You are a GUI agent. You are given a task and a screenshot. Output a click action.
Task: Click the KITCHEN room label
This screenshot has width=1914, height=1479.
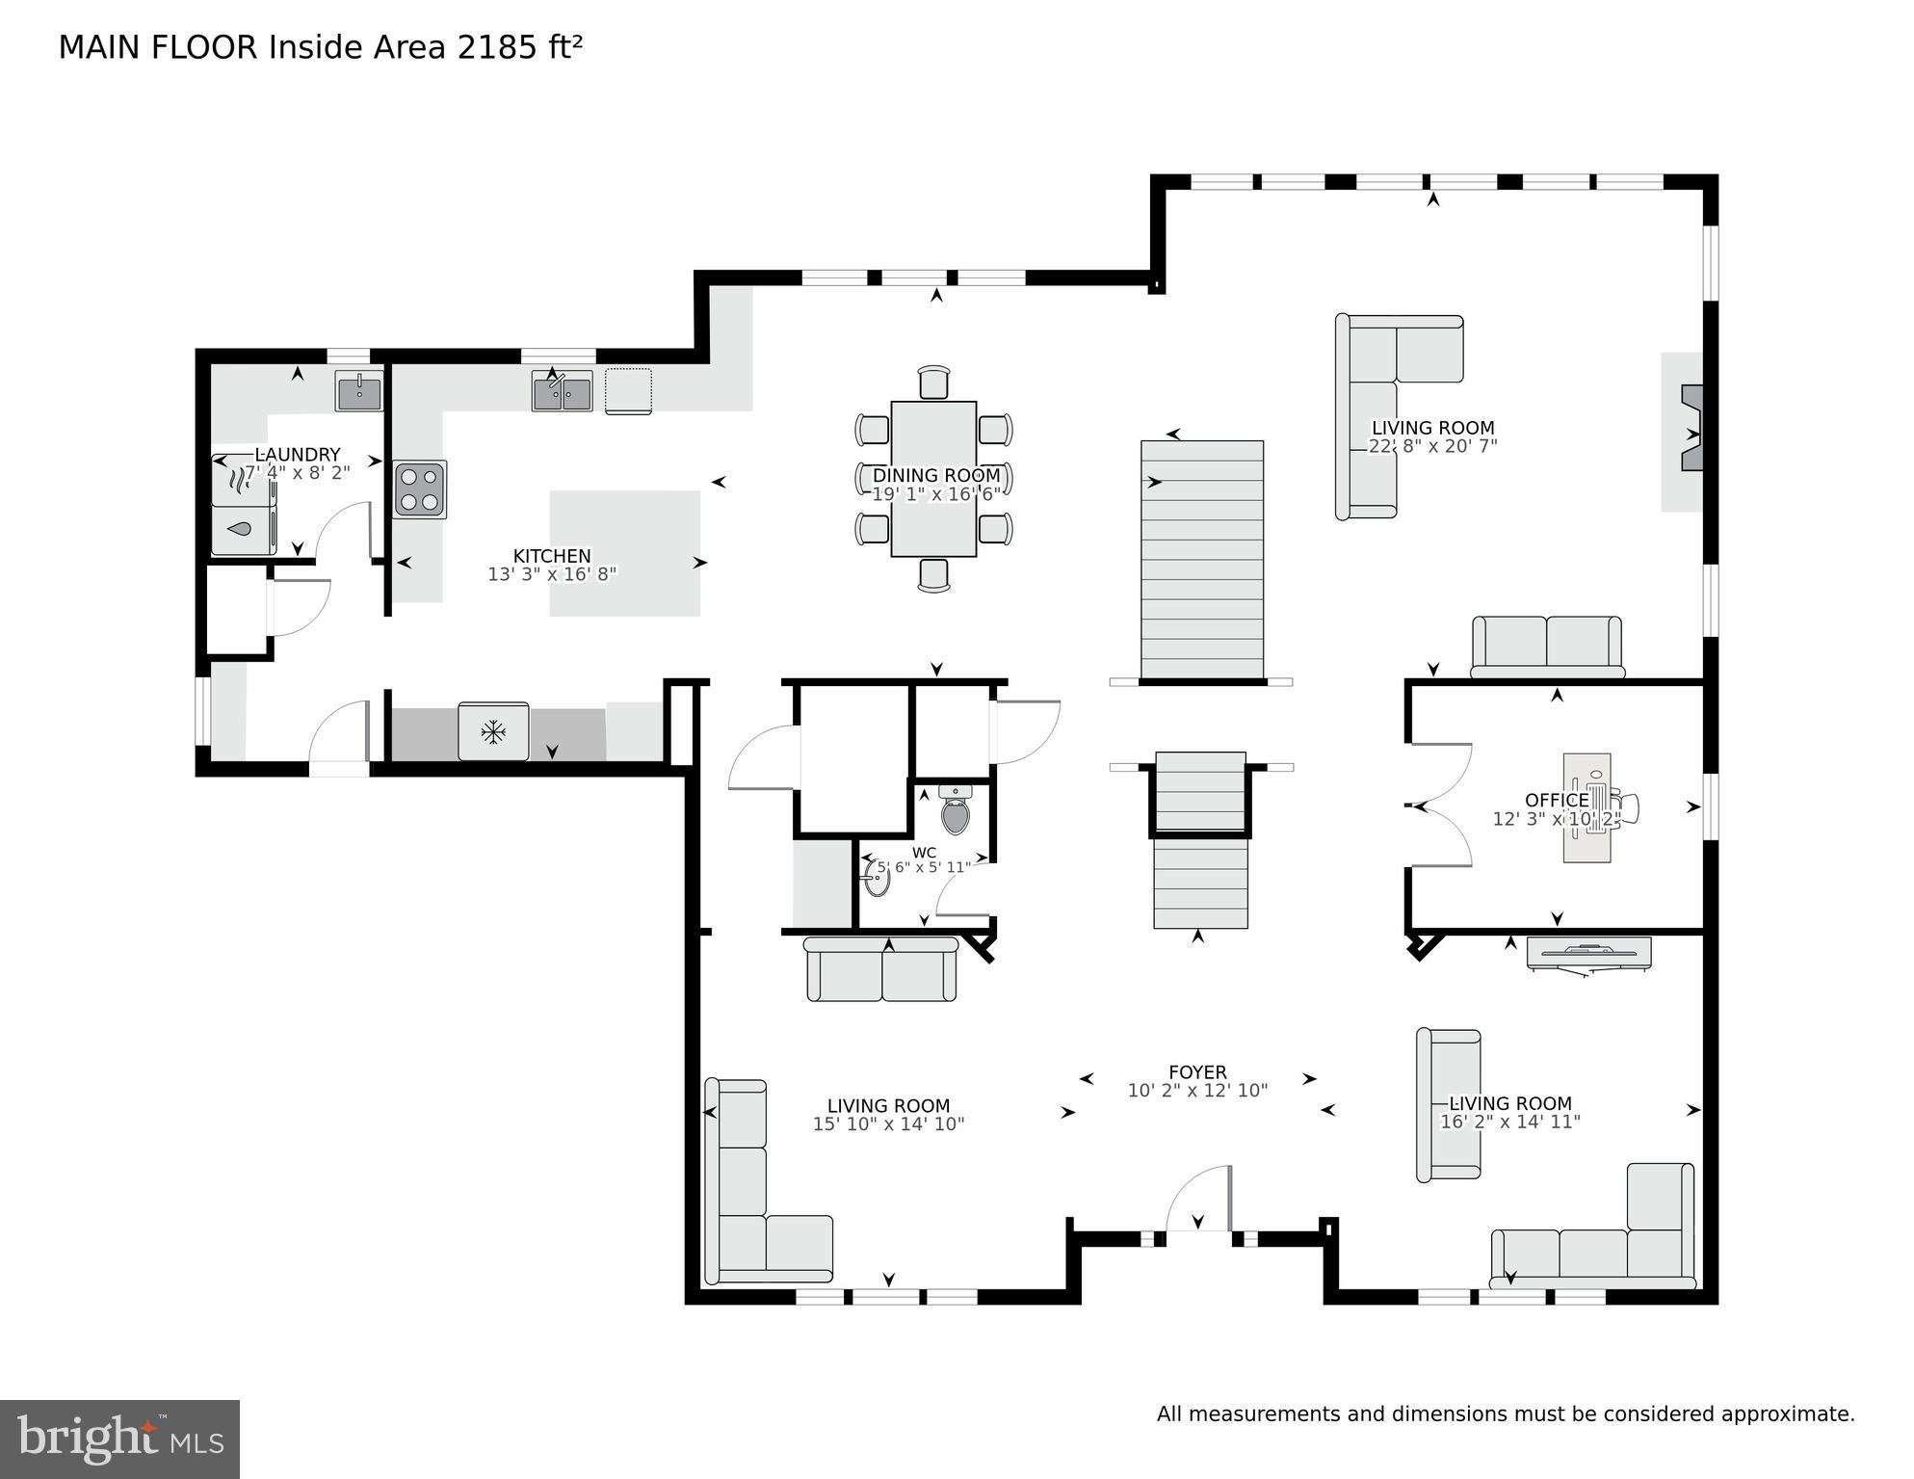(551, 556)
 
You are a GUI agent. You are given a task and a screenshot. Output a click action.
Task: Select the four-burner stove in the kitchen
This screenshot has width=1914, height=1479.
(420, 489)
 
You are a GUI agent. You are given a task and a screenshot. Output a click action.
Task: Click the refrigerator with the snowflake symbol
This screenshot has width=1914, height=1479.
(493, 731)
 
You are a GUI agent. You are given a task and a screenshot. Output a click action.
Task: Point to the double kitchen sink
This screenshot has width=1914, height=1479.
(562, 392)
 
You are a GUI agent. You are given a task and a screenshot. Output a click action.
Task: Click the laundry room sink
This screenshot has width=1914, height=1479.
(358, 391)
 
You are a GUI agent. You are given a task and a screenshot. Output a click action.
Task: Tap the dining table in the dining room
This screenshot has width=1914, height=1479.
(933, 478)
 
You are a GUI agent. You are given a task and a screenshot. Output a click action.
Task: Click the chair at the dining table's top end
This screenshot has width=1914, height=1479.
(933, 382)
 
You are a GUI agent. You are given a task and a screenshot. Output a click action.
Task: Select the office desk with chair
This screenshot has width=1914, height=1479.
(1589, 807)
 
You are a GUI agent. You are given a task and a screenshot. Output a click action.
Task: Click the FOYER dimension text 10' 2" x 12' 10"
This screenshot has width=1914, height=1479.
(1197, 1091)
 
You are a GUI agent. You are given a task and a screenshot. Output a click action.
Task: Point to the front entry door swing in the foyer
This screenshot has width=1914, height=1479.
(1199, 1200)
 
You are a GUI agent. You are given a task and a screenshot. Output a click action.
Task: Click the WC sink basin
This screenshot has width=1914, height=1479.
(877, 878)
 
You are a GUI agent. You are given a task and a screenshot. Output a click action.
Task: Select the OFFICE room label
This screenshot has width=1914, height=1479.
(1556, 800)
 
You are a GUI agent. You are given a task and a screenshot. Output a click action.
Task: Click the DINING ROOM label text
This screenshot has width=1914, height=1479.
(935, 475)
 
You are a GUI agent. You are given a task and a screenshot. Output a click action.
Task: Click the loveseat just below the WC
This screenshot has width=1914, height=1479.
(881, 970)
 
